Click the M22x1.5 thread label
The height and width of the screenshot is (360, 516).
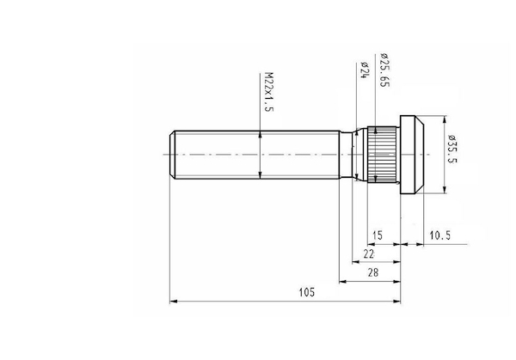269,92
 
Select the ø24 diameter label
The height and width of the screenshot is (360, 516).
364,70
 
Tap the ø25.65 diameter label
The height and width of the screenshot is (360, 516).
384,70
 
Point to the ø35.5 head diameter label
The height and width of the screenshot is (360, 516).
452,149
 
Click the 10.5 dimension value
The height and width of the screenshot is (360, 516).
440,235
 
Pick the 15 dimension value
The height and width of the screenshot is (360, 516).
378,235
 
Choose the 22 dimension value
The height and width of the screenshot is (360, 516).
369,253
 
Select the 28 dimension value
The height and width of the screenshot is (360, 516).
373,272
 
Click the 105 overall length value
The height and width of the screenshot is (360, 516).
307,292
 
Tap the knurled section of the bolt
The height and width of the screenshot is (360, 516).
382,154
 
